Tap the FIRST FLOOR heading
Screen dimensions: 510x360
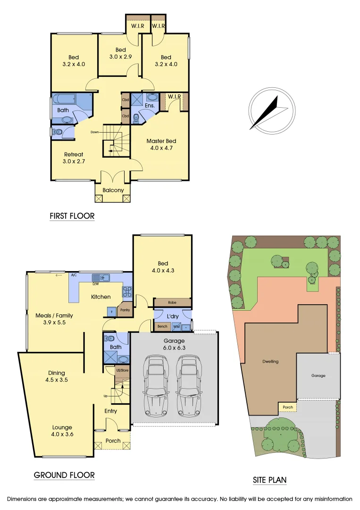click(x=72, y=216)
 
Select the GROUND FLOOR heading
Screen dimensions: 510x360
click(x=64, y=475)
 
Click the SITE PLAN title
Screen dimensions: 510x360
click(x=269, y=480)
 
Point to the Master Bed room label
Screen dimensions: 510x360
click(x=160, y=144)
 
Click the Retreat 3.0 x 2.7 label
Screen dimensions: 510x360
click(x=74, y=158)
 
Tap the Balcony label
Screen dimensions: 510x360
click(x=113, y=190)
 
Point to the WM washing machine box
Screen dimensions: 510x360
click(x=176, y=326)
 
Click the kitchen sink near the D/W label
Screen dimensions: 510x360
click(x=101, y=278)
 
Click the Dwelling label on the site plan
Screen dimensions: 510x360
click(x=270, y=361)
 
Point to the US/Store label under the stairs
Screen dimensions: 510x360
click(x=122, y=371)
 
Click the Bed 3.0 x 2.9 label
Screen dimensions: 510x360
click(x=121, y=53)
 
